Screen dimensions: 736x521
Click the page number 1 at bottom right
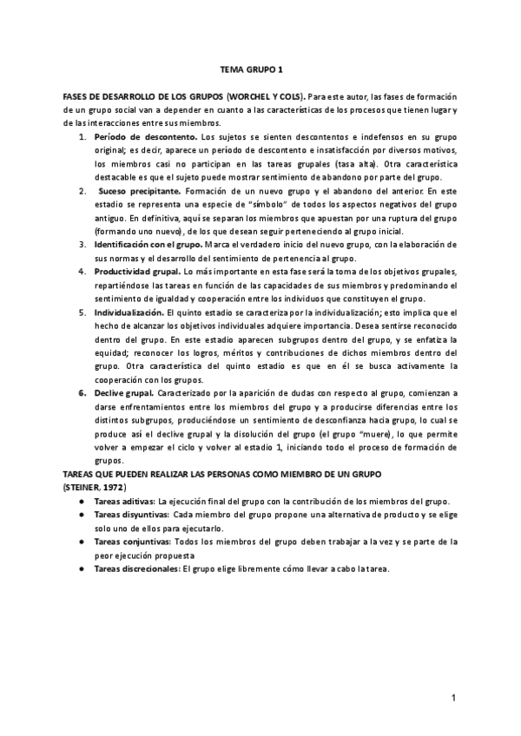(452, 697)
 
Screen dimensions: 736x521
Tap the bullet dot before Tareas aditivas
(82, 503)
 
